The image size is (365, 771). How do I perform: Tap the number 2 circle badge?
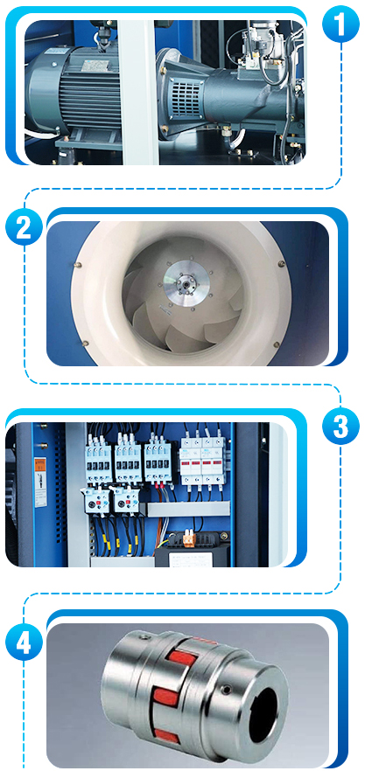(x=25, y=226)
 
